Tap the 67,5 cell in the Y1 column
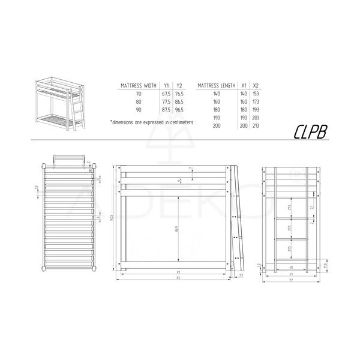[166, 94]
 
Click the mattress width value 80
[139, 102]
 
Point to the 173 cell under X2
[256, 102]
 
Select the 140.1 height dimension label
[112, 217]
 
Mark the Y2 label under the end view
[292, 280]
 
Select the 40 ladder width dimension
[292, 267]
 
